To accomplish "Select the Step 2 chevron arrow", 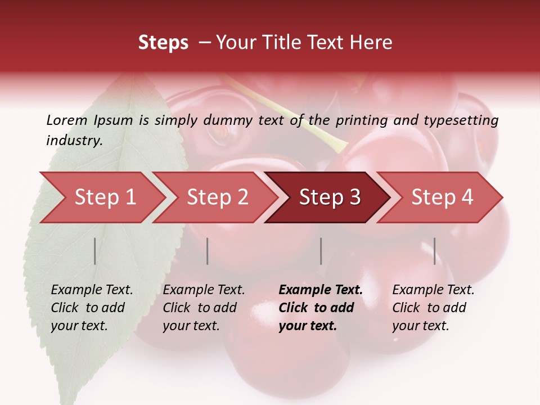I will (217, 197).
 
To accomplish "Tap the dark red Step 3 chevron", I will (329, 197).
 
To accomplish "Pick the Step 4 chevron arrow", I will (442, 197).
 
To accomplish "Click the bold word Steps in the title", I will (163, 43).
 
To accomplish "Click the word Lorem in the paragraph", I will (67, 120).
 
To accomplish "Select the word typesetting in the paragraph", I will (466, 120).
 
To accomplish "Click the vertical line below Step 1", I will (95, 251).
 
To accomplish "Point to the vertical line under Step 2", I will (208, 251).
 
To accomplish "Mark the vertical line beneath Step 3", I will (321, 251).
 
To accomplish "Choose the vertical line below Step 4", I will (434, 251).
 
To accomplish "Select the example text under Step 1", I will (92, 308).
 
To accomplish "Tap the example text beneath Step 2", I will (204, 308).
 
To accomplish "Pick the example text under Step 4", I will (433, 308).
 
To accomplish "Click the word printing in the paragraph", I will (359, 120).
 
